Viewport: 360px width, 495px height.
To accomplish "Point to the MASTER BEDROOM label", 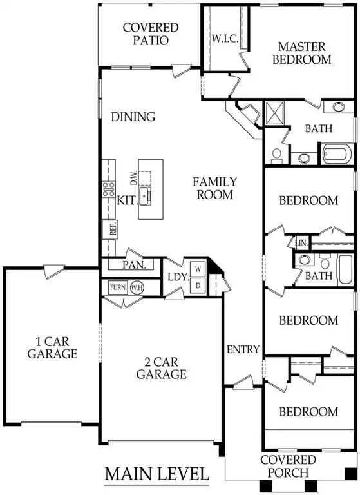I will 305,53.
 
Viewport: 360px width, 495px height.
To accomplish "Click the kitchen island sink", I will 147,195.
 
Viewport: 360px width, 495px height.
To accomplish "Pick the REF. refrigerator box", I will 111,228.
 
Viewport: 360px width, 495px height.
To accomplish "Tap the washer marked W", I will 198,268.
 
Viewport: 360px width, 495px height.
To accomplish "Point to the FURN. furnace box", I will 117,287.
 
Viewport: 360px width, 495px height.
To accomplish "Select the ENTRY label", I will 243,350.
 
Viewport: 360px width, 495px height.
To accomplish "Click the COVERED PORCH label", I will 288,466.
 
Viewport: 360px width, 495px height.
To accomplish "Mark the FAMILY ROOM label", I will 214,188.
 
